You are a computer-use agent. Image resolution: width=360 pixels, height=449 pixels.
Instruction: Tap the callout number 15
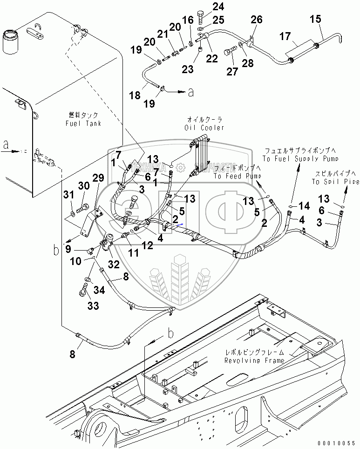[x=315, y=20]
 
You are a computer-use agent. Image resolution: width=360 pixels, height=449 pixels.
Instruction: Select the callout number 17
[x=285, y=36]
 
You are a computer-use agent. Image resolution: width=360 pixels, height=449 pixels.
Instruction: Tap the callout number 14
[x=304, y=205]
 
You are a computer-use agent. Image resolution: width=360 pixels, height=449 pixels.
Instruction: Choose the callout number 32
[x=114, y=264]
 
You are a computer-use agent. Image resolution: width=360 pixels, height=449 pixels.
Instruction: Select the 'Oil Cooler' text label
[x=204, y=128]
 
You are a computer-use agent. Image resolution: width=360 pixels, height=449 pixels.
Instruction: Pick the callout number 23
[x=187, y=69]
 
